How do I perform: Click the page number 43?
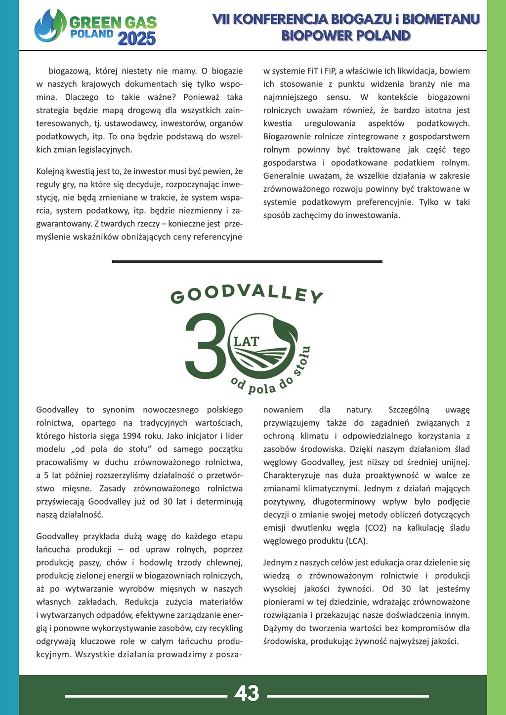247,693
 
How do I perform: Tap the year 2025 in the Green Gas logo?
137,39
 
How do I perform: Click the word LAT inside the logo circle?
246,341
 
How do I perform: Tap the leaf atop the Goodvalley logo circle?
286,329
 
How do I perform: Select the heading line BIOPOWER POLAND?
346,36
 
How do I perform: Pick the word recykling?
226,628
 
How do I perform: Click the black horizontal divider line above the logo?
247,261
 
